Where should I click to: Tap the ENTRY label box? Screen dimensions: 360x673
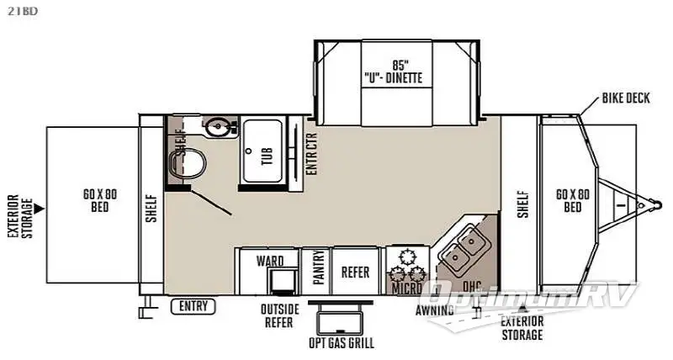point(195,306)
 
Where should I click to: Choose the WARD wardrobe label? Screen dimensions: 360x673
point(270,261)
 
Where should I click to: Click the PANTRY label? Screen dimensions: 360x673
point(320,271)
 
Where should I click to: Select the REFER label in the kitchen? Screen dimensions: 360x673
point(357,272)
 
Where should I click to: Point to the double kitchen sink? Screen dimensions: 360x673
point(463,251)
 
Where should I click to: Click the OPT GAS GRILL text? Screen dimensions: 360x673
point(342,342)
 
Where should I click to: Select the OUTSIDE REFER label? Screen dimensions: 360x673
point(280,315)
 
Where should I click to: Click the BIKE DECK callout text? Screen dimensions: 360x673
point(626,99)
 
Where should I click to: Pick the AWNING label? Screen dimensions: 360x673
point(436,310)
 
